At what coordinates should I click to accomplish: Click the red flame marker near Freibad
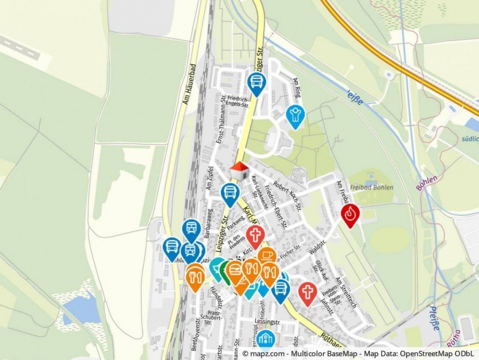tap(350, 214)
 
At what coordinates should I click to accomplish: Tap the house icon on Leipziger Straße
tap(239, 171)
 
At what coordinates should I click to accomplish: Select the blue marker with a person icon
tap(295, 115)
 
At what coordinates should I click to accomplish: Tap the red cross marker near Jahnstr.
tap(308, 292)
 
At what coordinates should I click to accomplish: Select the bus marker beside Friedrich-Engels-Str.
tap(256, 83)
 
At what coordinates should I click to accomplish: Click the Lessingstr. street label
tap(264, 322)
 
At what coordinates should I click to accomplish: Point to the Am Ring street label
tap(297, 87)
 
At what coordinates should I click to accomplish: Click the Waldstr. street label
tap(317, 244)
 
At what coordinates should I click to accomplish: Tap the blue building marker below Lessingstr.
tap(266, 339)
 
